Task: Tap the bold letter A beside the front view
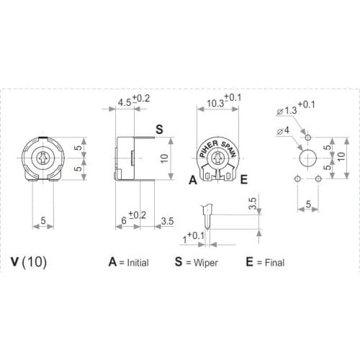pyautogui.click(x=192, y=179)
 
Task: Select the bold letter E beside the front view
pyautogui.click(x=244, y=179)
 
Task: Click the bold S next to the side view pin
pyautogui.click(x=159, y=129)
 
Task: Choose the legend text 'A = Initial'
pyautogui.click(x=129, y=262)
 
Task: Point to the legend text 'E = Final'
pyautogui.click(x=264, y=262)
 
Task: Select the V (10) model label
pyautogui.click(x=30, y=262)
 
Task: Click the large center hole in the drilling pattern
pyautogui.click(x=308, y=158)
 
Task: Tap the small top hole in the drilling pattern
pyautogui.click(x=308, y=137)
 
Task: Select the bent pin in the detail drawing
pyautogui.click(x=207, y=211)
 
